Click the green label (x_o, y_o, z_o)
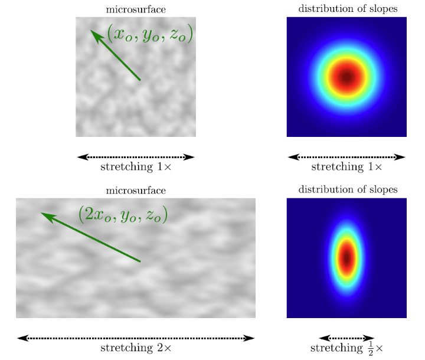150,33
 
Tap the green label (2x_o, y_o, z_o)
123,214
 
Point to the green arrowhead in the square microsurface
97,37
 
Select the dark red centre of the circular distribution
346,77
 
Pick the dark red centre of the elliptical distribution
346,258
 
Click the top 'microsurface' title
136,9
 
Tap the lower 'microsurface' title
136,190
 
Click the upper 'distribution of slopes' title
348,8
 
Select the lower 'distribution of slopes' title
348,189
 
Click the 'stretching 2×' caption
136,348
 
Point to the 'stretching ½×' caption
346,348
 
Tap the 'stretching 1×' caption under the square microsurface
136,166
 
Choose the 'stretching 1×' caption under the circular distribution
346,166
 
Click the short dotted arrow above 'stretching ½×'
346,338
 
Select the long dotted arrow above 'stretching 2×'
136,338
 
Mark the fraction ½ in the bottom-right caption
371,348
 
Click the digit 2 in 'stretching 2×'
160,348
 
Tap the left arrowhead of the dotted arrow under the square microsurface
83,157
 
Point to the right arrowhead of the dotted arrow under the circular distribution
400,157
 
